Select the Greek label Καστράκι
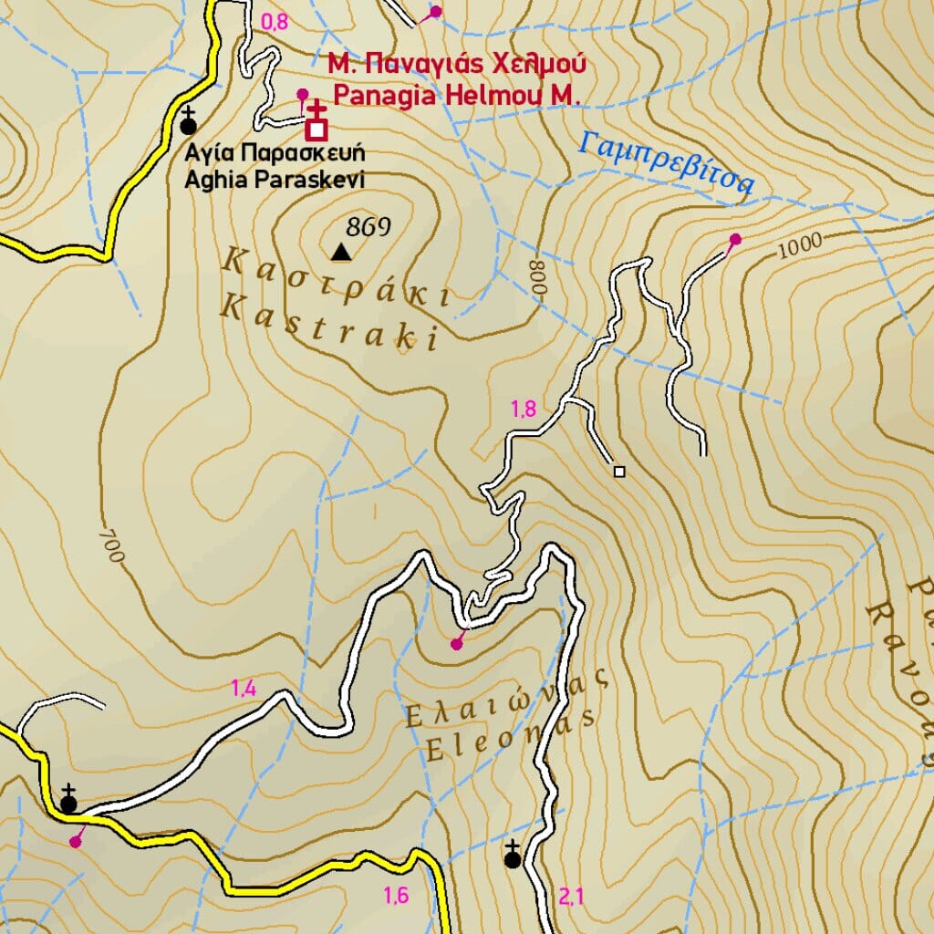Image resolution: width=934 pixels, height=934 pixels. (x=335, y=278)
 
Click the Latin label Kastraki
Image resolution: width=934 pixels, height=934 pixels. (x=329, y=324)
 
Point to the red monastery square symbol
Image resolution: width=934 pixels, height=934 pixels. (x=317, y=130)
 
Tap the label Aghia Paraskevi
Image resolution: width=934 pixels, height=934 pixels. (x=274, y=180)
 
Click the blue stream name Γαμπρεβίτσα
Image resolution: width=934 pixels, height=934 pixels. (x=668, y=163)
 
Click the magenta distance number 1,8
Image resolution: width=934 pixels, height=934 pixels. (x=523, y=410)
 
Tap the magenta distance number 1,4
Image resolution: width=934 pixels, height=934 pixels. (x=243, y=689)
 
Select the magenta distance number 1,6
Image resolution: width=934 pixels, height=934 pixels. (x=396, y=896)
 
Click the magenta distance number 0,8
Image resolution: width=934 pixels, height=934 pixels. (x=275, y=23)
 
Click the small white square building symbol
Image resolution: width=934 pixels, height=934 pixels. (x=619, y=472)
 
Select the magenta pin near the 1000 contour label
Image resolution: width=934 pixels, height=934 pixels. (x=735, y=239)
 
